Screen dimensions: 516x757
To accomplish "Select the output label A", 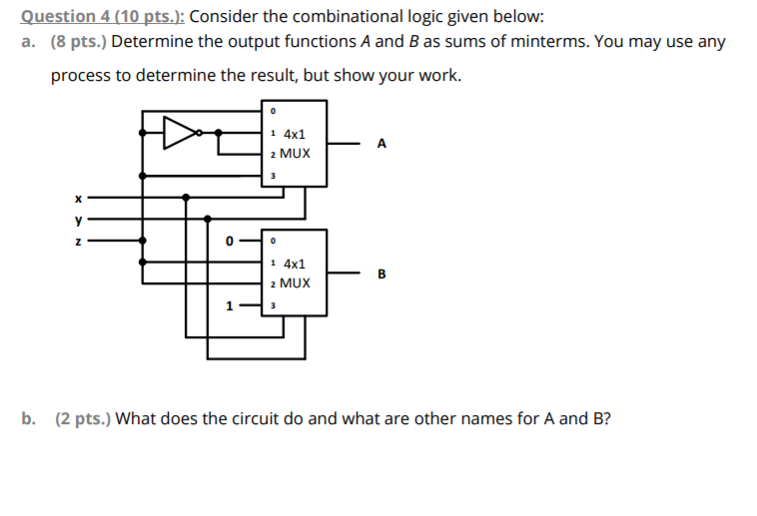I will [x=381, y=144].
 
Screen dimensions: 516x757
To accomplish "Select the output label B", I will [x=380, y=273].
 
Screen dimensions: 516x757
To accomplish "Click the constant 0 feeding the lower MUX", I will [x=230, y=241].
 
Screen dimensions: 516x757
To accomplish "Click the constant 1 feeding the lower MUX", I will [x=230, y=306].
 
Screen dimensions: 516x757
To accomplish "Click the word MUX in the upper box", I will [x=296, y=154].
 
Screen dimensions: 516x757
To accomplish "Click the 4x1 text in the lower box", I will [x=295, y=264].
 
